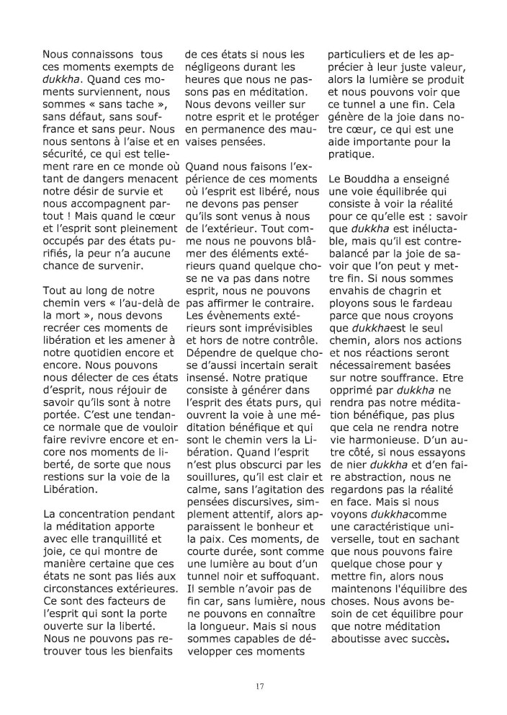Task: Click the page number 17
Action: pyautogui.click(x=259, y=685)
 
